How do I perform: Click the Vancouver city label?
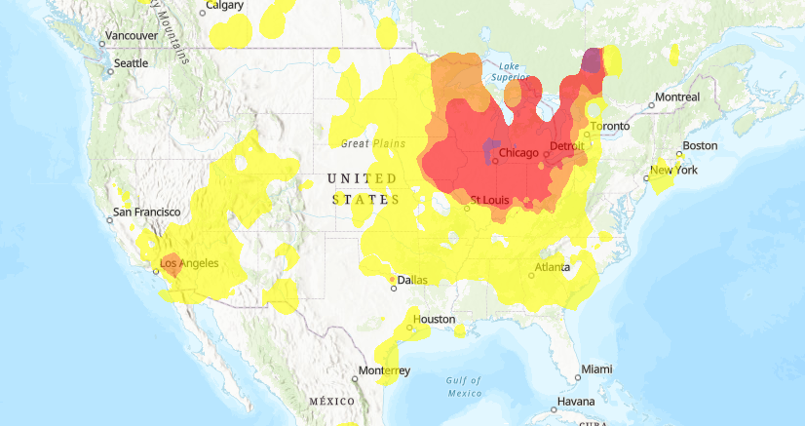[x=132, y=36]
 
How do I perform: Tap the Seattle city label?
[x=131, y=63]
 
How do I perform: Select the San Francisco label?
[x=147, y=212]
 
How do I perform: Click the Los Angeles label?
[x=189, y=263]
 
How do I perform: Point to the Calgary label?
[x=225, y=6]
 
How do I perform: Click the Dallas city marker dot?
[x=393, y=289]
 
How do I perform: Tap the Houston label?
[x=434, y=320]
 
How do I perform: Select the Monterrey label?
[x=384, y=371]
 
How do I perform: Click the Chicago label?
[x=518, y=153]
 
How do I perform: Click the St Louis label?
[x=488, y=202]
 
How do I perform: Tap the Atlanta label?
[x=553, y=268]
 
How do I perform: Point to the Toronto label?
[x=610, y=127]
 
